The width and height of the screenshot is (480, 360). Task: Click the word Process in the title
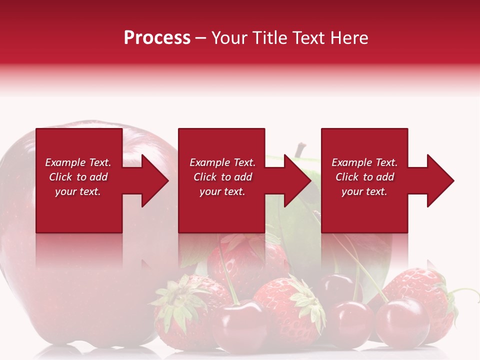157,38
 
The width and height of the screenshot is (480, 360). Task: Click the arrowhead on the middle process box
296,180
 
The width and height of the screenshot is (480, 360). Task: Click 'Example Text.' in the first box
78,162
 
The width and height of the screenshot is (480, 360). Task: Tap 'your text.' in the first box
78,191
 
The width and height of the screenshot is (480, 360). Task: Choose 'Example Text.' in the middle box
222,162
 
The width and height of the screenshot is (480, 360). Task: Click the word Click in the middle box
205,177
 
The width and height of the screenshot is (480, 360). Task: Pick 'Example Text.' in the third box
364,162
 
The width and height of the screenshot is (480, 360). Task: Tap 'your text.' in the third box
364,191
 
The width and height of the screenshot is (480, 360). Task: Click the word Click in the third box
347,177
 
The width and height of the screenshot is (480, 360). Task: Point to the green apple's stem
300,149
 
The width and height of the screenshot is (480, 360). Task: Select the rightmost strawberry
425,295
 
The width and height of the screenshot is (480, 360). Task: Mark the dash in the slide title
201,38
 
